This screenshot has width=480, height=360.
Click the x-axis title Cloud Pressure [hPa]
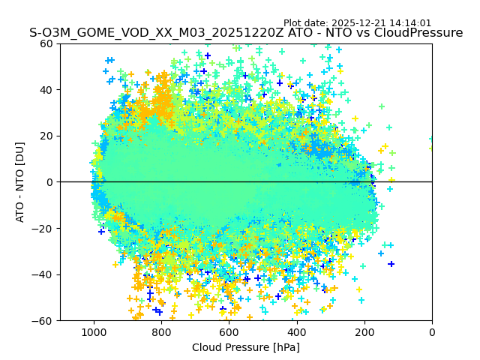[246, 347]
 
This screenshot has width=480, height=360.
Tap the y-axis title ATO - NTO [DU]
[20, 182]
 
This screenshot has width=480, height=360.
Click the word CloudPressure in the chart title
[417, 33]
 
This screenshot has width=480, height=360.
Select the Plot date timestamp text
[358, 23]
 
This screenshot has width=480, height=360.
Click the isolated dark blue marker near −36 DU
[391, 264]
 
